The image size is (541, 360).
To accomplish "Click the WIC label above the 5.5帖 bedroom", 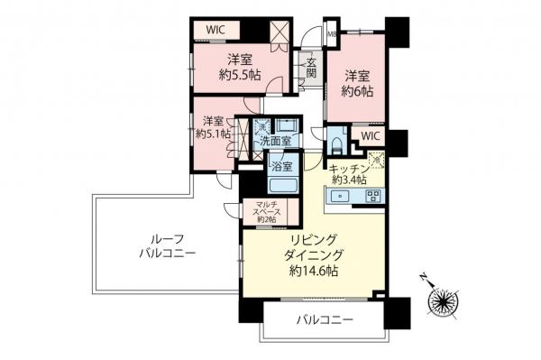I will coord(215,29).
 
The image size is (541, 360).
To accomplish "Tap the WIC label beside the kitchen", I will coord(371,137).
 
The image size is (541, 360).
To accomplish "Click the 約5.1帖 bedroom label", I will coord(214,127).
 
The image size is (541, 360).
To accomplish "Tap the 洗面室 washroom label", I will coord(275,142).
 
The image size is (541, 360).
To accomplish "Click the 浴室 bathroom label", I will coord(281,166).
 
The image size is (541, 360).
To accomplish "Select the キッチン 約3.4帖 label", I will coord(348,173).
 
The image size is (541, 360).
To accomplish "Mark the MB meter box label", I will coord(332,36).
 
